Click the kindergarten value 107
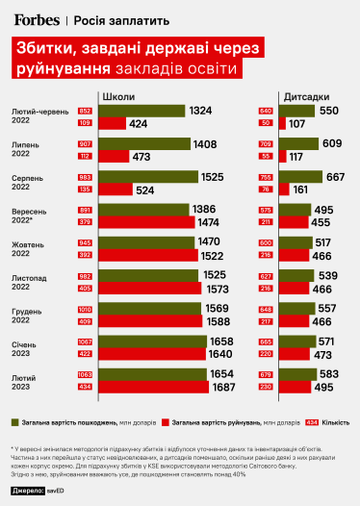click(296, 124)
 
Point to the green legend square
click(16, 421)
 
